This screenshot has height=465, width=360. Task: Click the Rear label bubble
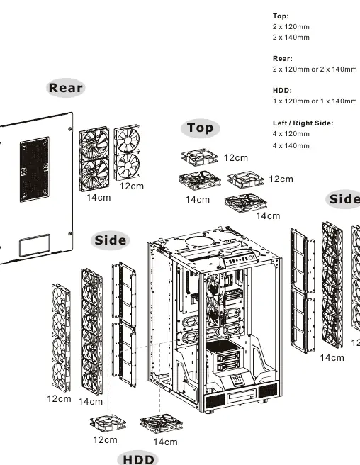coord(65,88)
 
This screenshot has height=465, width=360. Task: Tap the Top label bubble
coord(200,128)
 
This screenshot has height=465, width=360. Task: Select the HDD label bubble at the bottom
coord(138,459)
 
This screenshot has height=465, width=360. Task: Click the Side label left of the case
coord(111,240)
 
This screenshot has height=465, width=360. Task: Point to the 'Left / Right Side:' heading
coord(303,123)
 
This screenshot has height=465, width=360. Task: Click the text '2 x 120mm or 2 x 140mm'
coord(315,69)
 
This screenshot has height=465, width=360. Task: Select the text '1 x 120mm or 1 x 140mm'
coord(315,101)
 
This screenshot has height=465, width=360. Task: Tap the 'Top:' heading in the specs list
coord(281,16)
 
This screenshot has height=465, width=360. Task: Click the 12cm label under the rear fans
coord(132,186)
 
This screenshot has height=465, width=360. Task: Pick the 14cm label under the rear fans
coord(99,198)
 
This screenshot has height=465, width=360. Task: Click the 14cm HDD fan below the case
coord(162,424)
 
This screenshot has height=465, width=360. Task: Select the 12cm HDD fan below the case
coord(108,423)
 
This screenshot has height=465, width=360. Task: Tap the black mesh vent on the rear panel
coord(35,169)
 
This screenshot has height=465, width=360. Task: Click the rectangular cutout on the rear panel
coord(35,245)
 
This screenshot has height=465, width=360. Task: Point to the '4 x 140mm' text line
coord(291,146)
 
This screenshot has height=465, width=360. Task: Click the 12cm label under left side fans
coord(59,399)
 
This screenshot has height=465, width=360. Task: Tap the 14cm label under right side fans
coord(332,358)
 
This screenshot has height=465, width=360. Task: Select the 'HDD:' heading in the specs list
coord(282,91)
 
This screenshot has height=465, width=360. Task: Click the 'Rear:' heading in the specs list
coord(283,58)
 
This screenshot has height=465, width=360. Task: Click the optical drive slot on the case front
coord(241,396)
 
